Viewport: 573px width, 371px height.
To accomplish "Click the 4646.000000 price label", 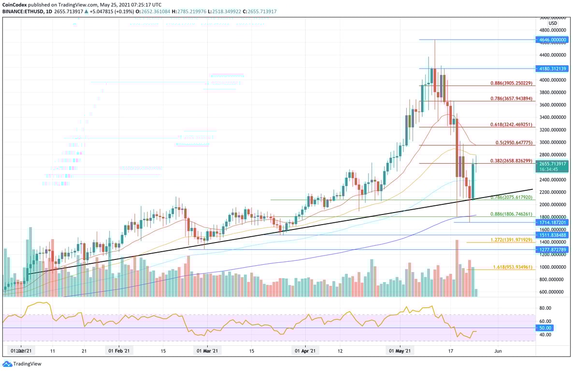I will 551,40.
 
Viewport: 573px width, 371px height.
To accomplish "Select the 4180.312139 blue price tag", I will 551,69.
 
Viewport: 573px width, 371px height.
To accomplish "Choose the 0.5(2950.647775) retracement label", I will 514,143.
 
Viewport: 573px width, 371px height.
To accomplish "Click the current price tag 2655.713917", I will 551,164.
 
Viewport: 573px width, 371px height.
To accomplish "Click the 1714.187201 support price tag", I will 551,222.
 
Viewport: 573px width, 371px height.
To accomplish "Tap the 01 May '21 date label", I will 401,351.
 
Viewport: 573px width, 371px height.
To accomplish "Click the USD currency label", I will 553,23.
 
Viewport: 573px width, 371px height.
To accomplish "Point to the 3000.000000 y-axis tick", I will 551,143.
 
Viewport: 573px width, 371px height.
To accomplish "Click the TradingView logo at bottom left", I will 23,364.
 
